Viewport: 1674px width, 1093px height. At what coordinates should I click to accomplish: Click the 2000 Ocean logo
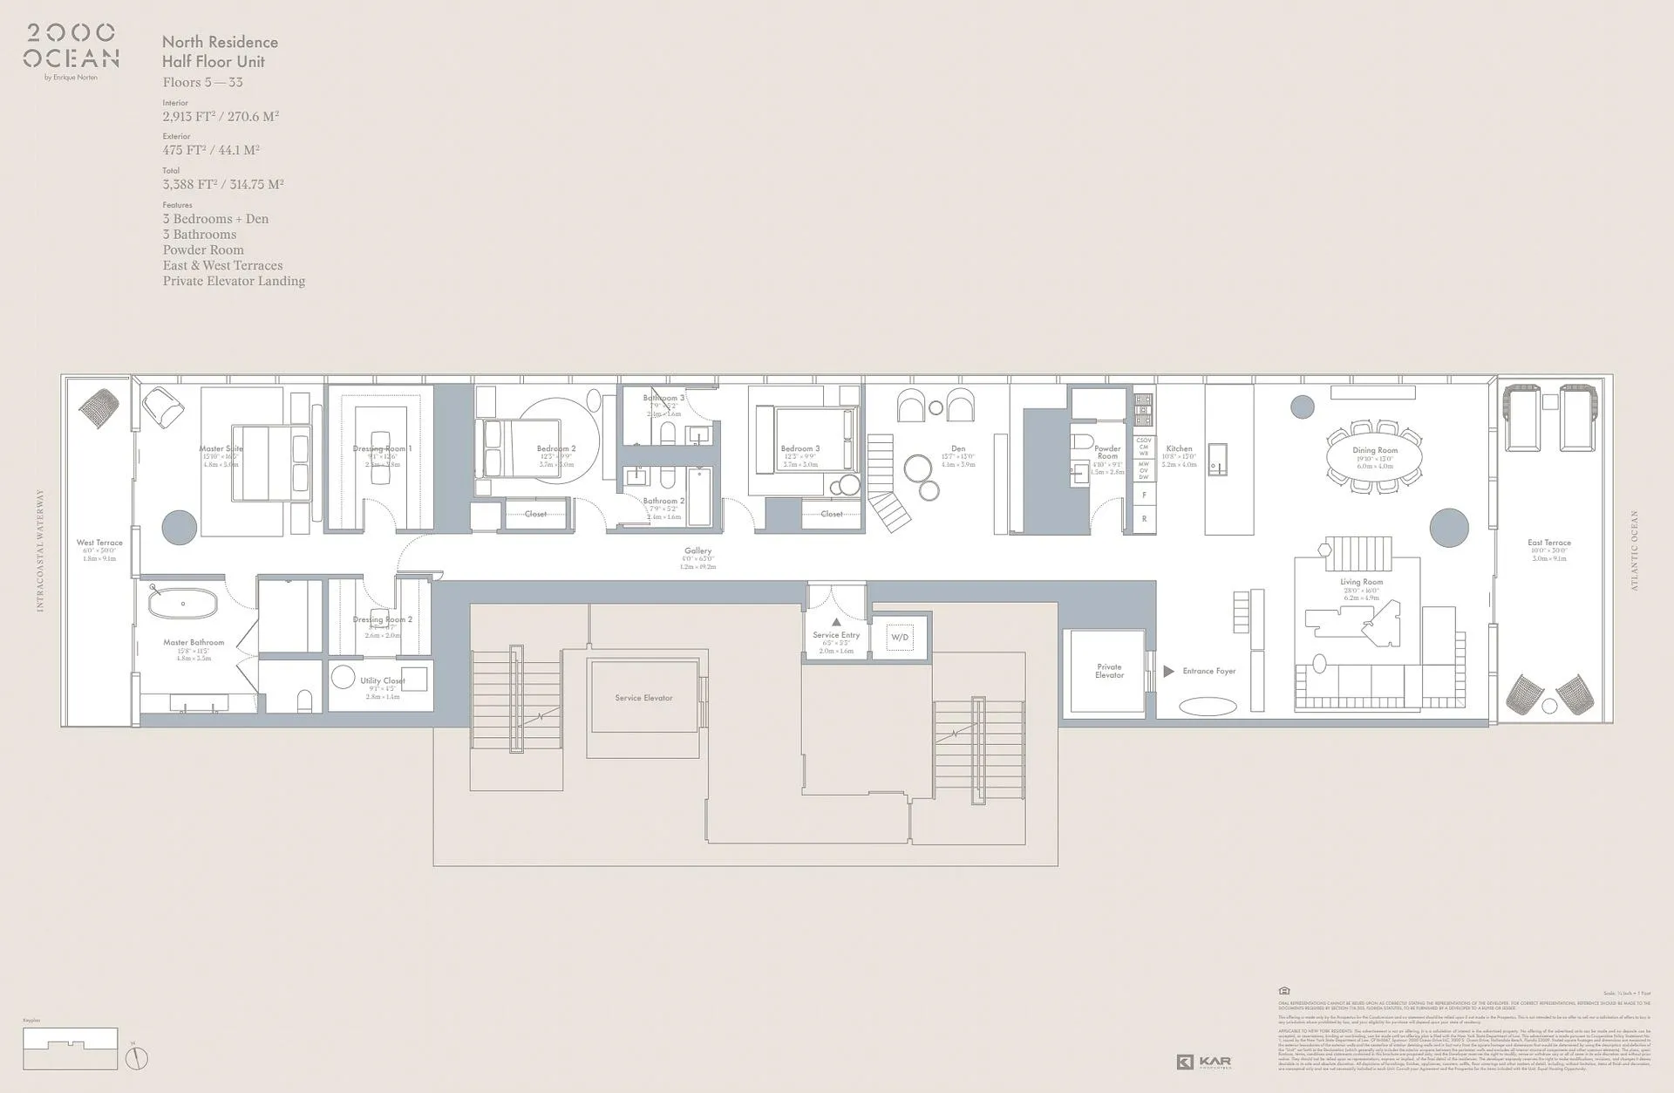tap(71, 47)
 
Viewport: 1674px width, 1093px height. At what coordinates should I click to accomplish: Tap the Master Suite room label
tap(221, 448)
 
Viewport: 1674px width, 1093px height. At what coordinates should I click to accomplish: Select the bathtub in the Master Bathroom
tap(183, 603)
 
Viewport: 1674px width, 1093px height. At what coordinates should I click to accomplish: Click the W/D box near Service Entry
tap(900, 638)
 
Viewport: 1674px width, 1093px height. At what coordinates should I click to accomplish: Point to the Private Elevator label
tap(1109, 671)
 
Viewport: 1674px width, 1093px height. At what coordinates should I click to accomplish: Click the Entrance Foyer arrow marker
tap(1168, 671)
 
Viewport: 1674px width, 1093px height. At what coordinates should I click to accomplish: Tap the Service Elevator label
tap(643, 698)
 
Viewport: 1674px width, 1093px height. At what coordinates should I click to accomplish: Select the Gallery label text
tap(697, 550)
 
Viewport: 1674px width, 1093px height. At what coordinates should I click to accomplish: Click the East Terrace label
tap(1548, 543)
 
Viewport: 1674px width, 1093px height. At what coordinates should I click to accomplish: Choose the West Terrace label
tap(99, 543)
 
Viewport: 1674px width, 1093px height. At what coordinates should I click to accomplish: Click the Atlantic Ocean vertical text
tap(1635, 550)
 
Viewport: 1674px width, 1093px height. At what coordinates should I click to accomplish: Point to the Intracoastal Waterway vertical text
tap(40, 550)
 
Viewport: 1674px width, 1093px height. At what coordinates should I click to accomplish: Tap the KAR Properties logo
tap(1204, 1062)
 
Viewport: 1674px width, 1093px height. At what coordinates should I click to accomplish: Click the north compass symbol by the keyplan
tap(137, 1058)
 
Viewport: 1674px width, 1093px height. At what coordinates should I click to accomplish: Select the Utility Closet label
tap(383, 680)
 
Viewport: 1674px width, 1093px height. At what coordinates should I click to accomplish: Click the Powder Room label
tap(1107, 452)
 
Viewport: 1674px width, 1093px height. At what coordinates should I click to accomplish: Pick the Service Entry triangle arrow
tap(836, 622)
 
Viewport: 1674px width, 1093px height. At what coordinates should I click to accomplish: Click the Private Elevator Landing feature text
tap(234, 281)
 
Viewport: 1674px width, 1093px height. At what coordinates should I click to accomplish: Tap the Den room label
tap(958, 448)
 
